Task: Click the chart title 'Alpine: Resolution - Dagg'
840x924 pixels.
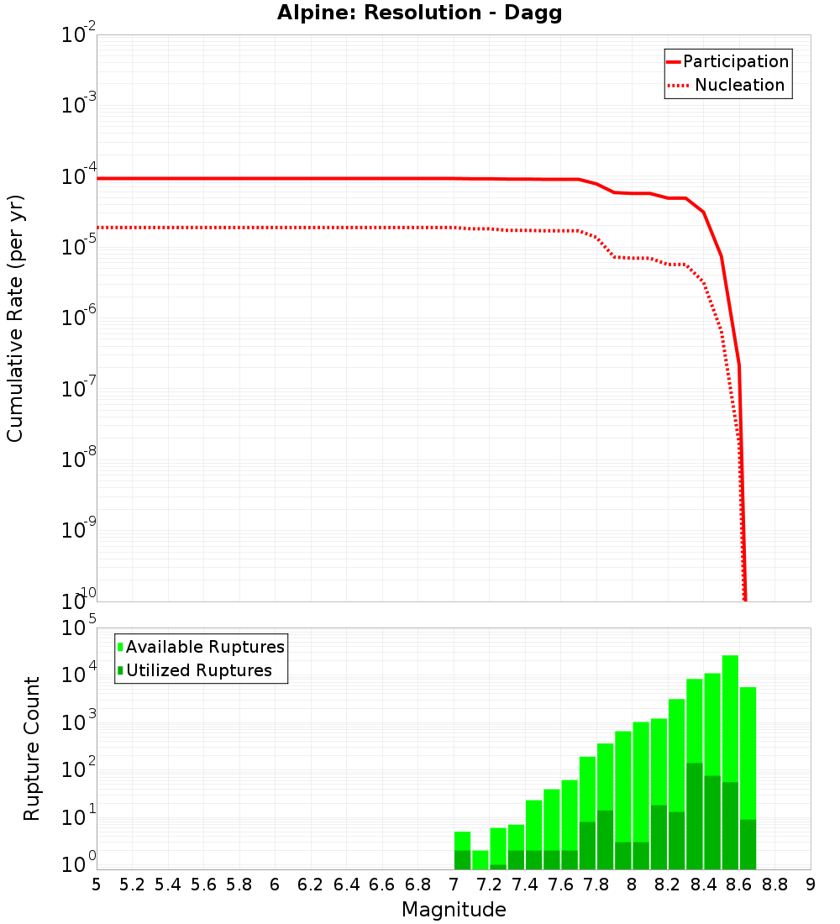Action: (419, 13)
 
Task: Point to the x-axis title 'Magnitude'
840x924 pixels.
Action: (454, 909)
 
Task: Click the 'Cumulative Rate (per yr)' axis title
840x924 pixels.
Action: (15, 318)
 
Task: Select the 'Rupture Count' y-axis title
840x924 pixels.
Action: (32, 748)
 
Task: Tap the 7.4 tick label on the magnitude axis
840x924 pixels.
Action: (525, 884)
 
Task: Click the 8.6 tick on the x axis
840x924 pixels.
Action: (739, 884)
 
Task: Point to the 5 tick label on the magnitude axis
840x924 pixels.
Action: (97, 884)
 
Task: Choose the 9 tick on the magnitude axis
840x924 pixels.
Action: (811, 884)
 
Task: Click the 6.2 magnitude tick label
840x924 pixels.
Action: (311, 884)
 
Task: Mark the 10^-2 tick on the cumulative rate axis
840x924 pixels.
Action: (79, 36)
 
